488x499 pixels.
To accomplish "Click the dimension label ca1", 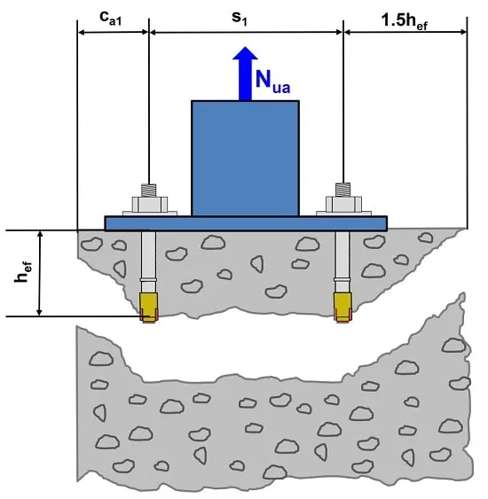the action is (110, 19).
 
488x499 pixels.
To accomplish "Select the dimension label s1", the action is (240, 19).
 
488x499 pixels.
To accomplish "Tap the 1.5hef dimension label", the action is (405, 22).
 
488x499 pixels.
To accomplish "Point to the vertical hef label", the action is (23, 272).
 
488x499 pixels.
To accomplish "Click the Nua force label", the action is (272, 82).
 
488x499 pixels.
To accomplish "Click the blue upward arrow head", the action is (245, 53).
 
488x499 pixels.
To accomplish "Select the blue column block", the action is (245, 159).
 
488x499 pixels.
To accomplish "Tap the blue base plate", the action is (246, 223).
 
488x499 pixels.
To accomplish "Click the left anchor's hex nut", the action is (150, 205).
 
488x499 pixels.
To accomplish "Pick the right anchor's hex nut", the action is (343, 205).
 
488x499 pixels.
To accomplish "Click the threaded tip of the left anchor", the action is (149, 191).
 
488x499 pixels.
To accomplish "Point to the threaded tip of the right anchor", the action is (342, 190).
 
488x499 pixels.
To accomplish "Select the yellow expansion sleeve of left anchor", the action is (149, 305).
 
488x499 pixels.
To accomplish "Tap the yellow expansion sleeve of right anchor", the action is (342, 305).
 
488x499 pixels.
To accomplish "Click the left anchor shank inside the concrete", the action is (149, 261).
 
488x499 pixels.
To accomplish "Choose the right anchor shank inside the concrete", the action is (342, 261).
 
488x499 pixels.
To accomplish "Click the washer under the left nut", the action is (150, 214).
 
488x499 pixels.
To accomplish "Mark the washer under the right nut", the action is (343, 214).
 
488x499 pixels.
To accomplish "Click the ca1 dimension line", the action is (113, 32).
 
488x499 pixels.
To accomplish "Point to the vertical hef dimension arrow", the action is (40, 273).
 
